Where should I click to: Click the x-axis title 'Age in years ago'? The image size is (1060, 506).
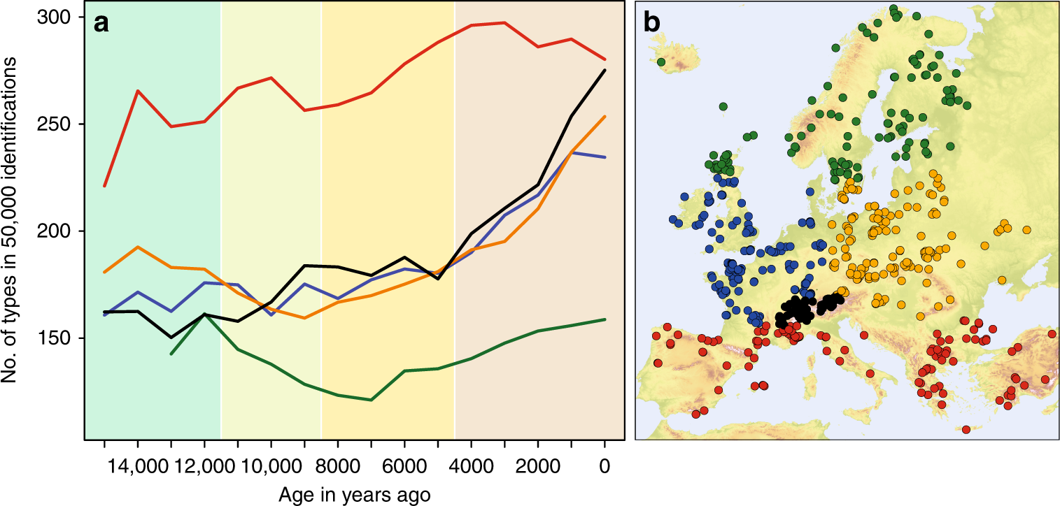[x=354, y=494]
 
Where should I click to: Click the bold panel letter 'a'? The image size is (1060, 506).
[x=102, y=24]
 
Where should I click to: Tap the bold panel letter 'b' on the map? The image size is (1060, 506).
[x=651, y=24]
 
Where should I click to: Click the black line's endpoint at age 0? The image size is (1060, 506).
[x=605, y=70]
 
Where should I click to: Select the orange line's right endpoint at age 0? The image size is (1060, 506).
[x=605, y=117]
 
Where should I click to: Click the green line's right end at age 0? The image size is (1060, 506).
[x=605, y=319]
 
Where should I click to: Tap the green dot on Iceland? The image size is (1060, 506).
[x=661, y=62]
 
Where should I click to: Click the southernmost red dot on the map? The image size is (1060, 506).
[x=966, y=429]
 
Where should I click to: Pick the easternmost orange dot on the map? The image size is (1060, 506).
[x=1026, y=229]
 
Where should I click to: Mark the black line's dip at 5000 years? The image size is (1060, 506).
[x=438, y=279]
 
